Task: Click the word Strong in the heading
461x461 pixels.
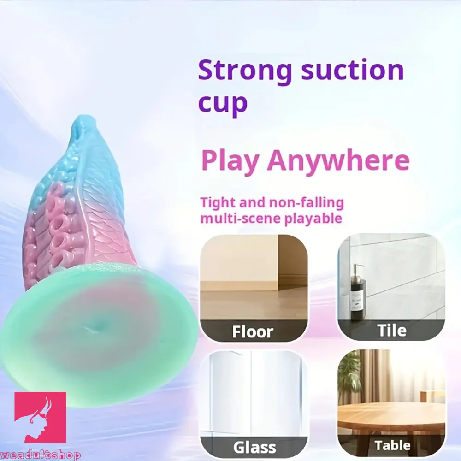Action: click(245, 71)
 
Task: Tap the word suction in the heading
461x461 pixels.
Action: click(352, 71)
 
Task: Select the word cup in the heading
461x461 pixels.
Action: click(223, 104)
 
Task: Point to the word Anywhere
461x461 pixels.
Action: click(338, 160)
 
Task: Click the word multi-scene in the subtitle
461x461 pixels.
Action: click(235, 218)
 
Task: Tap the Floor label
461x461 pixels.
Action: click(253, 331)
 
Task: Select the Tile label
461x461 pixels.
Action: click(392, 330)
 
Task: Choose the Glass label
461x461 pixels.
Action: click(254, 447)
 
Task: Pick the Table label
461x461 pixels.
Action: click(392, 445)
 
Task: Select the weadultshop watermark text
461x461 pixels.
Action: click(40, 455)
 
